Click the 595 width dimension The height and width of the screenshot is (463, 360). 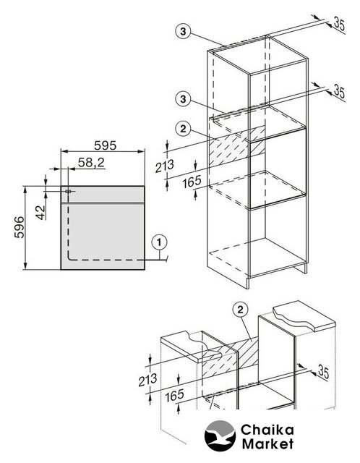(x=106, y=145)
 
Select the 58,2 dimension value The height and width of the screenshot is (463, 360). (x=92, y=162)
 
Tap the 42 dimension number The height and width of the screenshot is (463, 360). (x=41, y=212)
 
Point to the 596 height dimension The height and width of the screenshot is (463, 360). (x=20, y=227)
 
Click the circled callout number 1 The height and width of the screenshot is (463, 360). (x=159, y=243)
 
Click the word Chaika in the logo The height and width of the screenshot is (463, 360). (x=267, y=430)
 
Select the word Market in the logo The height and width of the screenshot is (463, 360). (x=267, y=443)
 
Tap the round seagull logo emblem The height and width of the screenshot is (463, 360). (x=220, y=436)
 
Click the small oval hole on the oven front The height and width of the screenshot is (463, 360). (x=68, y=191)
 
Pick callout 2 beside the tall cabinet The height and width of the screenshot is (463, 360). (x=183, y=129)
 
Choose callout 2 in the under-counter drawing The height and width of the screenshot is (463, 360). (x=240, y=310)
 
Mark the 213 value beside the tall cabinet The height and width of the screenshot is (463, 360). (x=165, y=166)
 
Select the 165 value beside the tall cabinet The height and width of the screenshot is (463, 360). (x=192, y=182)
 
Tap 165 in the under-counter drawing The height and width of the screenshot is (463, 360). (x=175, y=396)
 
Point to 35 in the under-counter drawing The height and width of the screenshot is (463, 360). (x=323, y=373)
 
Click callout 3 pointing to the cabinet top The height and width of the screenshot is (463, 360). (x=183, y=31)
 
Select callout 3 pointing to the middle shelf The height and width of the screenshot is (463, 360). (x=183, y=98)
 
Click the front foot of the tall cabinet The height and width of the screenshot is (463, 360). (x=247, y=283)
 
